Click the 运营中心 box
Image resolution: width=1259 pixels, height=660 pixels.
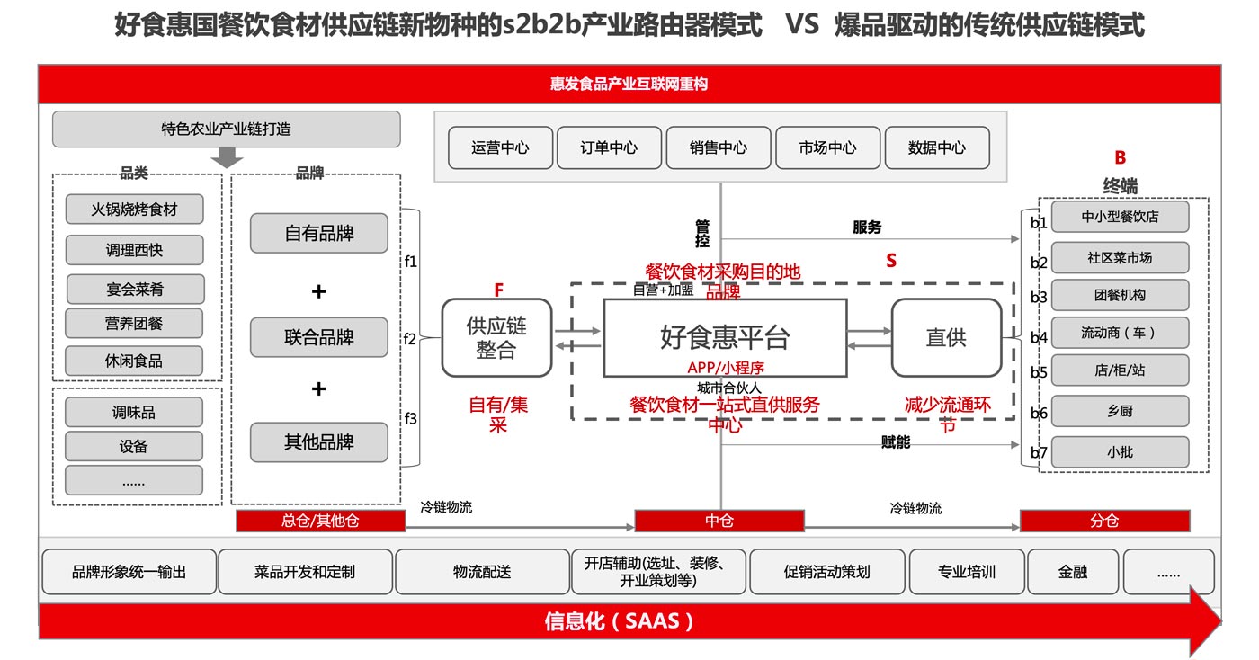click(x=501, y=147)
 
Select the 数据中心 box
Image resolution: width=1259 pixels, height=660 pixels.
click(x=937, y=147)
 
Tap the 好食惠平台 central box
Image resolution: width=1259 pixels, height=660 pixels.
click(x=725, y=337)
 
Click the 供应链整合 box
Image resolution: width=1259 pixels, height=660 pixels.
click(x=496, y=337)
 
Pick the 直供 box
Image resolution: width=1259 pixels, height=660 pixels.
click(x=946, y=337)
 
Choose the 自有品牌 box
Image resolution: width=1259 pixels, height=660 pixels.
click(x=319, y=234)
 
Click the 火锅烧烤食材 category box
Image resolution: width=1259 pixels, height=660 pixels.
click(x=134, y=210)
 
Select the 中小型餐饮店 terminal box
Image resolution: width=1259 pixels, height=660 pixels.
click(x=1120, y=217)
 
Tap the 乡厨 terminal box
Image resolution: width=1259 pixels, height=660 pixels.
click(x=1120, y=411)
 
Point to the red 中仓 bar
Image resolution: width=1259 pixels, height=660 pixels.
click(x=719, y=521)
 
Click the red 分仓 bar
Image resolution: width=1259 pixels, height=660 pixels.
click(x=1104, y=521)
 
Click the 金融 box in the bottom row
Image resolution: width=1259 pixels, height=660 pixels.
click(x=1073, y=572)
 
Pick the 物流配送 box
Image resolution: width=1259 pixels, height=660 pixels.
click(x=482, y=572)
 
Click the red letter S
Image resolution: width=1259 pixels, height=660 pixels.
click(x=891, y=261)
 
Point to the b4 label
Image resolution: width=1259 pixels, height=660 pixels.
click(x=1039, y=337)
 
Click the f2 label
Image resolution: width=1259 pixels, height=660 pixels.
click(x=410, y=339)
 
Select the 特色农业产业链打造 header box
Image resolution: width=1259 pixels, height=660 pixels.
click(x=227, y=129)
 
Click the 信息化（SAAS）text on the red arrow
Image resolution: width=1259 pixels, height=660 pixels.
click(x=621, y=621)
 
